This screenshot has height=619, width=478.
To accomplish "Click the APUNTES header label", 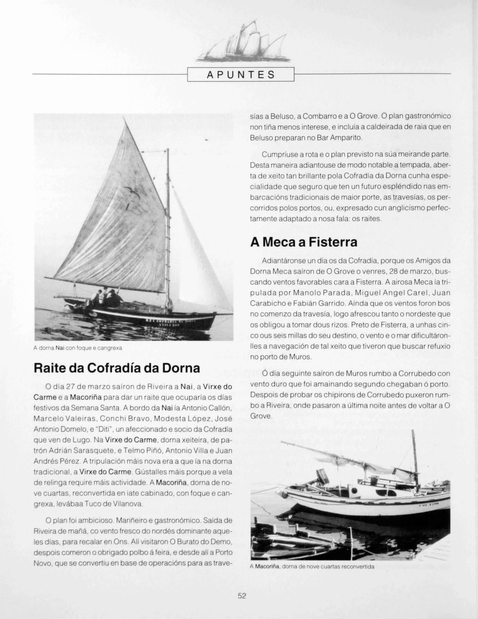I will pyautogui.click(x=240, y=75).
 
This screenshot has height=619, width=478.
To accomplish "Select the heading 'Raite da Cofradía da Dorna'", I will pyautogui.click(x=117, y=368).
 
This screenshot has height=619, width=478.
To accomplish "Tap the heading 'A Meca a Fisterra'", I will pyautogui.click(x=304, y=242).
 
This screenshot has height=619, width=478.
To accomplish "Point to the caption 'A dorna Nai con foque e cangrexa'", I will pyautogui.click(x=78, y=348).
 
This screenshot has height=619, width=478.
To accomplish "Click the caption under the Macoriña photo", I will pyautogui.click(x=312, y=567).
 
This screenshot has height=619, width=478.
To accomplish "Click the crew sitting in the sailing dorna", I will pyautogui.click(x=106, y=297).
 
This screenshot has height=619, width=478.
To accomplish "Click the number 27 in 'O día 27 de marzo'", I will pyautogui.click(x=71, y=387).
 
